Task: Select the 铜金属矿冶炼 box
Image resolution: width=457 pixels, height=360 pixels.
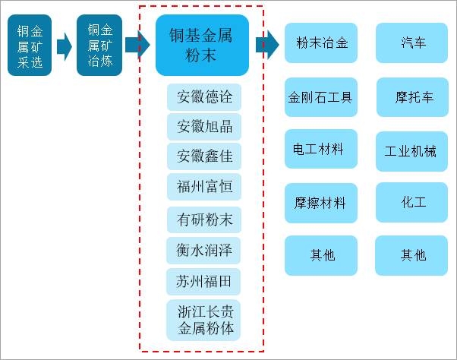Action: [x=99, y=45]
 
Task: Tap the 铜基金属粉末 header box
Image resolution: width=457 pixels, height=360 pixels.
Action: [x=202, y=45]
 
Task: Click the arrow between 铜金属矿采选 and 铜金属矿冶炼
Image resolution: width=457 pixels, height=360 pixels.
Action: [x=64, y=46]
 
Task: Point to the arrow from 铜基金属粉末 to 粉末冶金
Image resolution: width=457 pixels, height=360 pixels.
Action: [x=267, y=45]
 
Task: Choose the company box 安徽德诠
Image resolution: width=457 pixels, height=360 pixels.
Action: [x=204, y=97]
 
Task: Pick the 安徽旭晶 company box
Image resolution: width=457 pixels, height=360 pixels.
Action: [x=204, y=126]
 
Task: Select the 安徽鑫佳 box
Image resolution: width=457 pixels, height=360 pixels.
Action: [x=204, y=156]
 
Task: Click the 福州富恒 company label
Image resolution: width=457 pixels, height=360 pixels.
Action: [x=204, y=187]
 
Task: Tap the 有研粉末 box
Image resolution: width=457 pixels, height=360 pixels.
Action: [x=204, y=219]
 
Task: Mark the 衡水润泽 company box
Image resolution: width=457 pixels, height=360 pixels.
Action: [x=204, y=250]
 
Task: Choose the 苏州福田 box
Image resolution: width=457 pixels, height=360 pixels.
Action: [x=204, y=281]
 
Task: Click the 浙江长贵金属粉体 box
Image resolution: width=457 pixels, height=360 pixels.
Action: [x=204, y=320]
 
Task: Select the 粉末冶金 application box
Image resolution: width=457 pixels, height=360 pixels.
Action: [x=320, y=43]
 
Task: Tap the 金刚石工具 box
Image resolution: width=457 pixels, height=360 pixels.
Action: [x=320, y=97]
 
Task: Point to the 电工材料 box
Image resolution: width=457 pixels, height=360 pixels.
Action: [x=320, y=150]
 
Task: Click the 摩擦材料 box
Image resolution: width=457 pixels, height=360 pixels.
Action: [x=320, y=203]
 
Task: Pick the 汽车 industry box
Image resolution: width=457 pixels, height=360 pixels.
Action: [x=412, y=43]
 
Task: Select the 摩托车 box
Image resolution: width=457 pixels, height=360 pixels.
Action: [x=412, y=97]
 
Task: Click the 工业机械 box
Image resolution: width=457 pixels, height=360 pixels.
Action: [x=412, y=151]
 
